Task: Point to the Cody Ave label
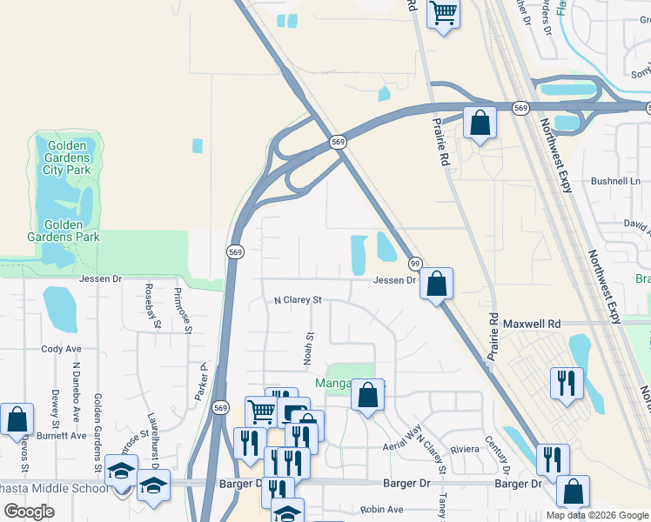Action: (x=61, y=349)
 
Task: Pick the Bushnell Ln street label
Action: (x=615, y=182)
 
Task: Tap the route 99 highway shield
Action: (x=416, y=264)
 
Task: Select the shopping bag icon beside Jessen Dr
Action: (x=436, y=284)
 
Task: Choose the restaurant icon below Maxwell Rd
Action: (x=567, y=383)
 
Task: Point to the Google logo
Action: (x=30, y=512)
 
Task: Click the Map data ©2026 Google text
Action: (x=597, y=515)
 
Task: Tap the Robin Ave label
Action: (x=383, y=509)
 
